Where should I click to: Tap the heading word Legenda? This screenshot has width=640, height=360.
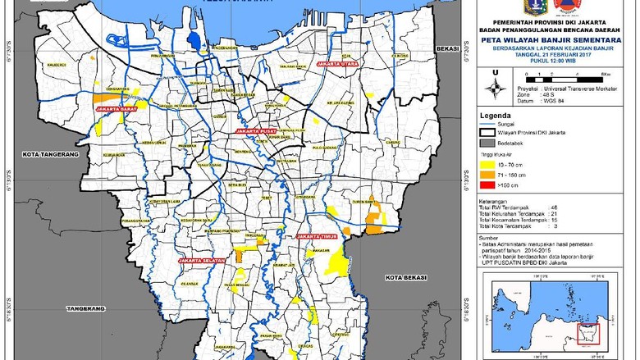tap(497, 116)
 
